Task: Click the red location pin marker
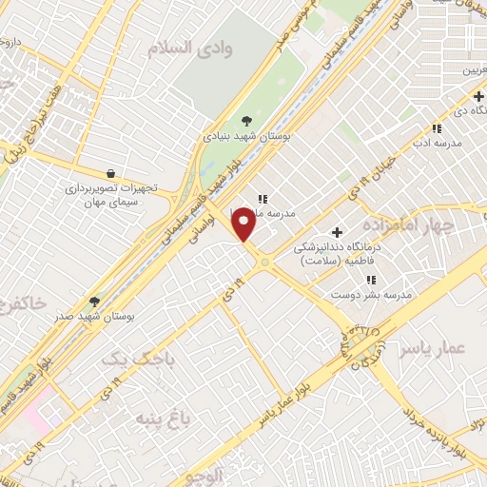tap(245, 224)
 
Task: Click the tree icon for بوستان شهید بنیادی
tap(248, 119)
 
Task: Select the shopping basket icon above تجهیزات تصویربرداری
tap(112, 173)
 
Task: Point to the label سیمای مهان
tap(112, 205)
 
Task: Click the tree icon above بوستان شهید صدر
tap(94, 302)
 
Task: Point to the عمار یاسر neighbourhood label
tap(437, 350)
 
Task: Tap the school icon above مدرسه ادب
tap(437, 128)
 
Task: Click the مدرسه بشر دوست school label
tap(372, 295)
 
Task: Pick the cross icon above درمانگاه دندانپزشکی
tap(337, 232)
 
